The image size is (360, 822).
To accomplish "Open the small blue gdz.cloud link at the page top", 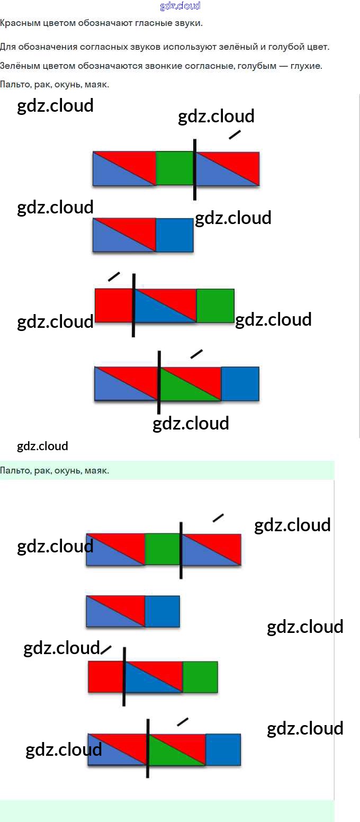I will (x=180, y=6).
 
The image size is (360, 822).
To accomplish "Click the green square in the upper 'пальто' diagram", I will (x=175, y=168).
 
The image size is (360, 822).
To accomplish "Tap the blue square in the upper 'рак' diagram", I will (x=175, y=235).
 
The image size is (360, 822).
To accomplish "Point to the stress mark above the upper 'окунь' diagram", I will (x=114, y=276).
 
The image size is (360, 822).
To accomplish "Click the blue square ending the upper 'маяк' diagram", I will (x=240, y=383).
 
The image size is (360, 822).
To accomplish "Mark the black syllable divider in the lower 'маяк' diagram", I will (x=148, y=748).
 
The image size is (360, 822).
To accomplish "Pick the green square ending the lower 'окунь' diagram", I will (x=200, y=677).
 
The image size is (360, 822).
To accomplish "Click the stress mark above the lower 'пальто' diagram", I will (x=218, y=517).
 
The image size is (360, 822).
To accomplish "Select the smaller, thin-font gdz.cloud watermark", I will (x=42, y=446).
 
